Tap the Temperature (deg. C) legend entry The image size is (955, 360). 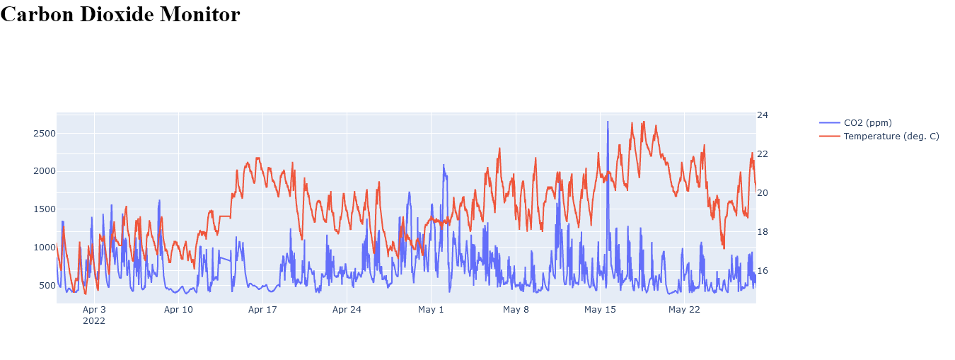pyautogui.click(x=891, y=136)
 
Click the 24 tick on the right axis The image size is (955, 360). pyautogui.click(x=763, y=115)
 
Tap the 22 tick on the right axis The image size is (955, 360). pyautogui.click(x=763, y=154)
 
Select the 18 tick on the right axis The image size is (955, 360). pyautogui.click(x=763, y=232)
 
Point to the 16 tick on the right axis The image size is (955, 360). pyautogui.click(x=763, y=271)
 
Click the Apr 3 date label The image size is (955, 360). pyautogui.click(x=94, y=310)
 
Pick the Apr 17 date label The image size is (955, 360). pyautogui.click(x=262, y=310)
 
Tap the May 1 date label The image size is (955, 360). pyautogui.click(x=431, y=310)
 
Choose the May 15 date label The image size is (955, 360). pyautogui.click(x=600, y=310)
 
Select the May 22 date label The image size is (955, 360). pyautogui.click(x=684, y=310)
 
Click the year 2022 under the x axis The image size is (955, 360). pyautogui.click(x=94, y=321)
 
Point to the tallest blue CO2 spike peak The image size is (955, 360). pyautogui.click(x=607, y=122)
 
